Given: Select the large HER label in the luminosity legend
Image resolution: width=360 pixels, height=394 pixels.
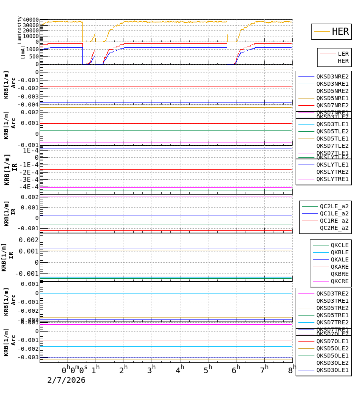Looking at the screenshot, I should click(340, 32).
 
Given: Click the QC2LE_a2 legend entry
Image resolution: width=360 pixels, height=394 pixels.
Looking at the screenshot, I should click(334, 206).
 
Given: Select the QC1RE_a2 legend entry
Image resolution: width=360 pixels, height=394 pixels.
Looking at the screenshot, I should click(334, 221).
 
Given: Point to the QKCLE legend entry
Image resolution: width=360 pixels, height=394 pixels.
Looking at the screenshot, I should click(339, 245).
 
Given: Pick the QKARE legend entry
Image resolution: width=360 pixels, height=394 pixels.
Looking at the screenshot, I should click(339, 267).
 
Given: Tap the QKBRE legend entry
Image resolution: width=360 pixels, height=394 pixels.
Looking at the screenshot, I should click(339, 274).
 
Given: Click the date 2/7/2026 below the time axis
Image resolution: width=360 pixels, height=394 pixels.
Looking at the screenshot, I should click(66, 380).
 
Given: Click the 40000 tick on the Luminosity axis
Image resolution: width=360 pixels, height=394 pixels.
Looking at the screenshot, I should click(31, 20).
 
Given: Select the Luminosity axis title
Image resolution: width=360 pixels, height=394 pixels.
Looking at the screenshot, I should click(20, 30).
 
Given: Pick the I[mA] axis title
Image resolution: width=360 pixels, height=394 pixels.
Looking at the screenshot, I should click(23, 52).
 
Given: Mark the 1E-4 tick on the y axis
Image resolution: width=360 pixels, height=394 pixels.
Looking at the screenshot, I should click(31, 150).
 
